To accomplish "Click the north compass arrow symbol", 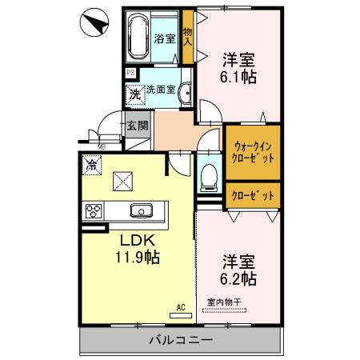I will pyautogui.click(x=94, y=23).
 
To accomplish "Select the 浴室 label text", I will pyautogui.click(x=165, y=38).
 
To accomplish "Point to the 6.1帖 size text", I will pyautogui.click(x=239, y=78).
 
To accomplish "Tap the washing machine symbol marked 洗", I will pyautogui.click(x=135, y=94).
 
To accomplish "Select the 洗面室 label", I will pyautogui.click(x=162, y=90).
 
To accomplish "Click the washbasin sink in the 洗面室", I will pyautogui.click(x=185, y=91).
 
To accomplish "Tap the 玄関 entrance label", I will pyautogui.click(x=137, y=126).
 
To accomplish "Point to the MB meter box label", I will pyautogui.click(x=102, y=147).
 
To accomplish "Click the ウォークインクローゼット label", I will pyautogui.click(x=254, y=152).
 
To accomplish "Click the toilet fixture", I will pyautogui.click(x=208, y=174).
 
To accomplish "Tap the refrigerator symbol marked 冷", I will pyautogui.click(x=93, y=166).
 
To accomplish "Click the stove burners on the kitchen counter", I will pyautogui.click(x=93, y=212).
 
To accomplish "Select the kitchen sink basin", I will pyautogui.click(x=142, y=211).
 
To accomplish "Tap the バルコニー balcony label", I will pyautogui.click(x=180, y=340).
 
